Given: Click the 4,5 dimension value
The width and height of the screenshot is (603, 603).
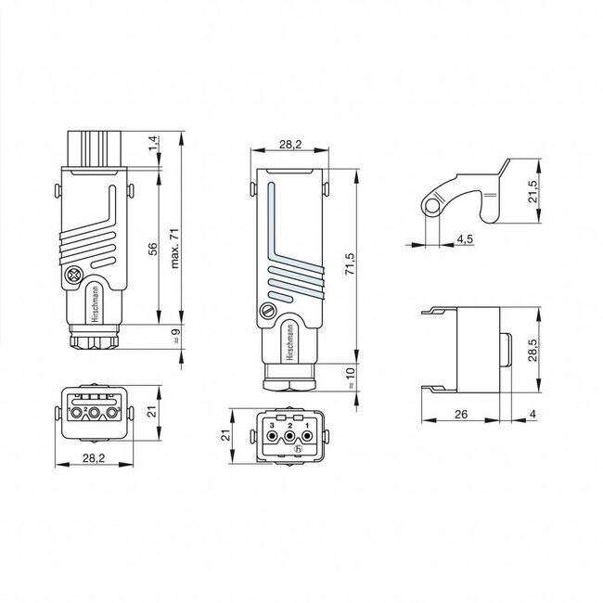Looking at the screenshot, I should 465,238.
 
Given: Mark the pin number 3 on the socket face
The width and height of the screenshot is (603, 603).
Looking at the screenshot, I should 272,424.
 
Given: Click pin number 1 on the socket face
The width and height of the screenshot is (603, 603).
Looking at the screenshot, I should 306,424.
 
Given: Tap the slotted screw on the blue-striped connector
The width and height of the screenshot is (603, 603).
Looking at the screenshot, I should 269,312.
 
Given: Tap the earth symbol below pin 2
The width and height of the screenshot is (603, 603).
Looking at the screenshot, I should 298,450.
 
